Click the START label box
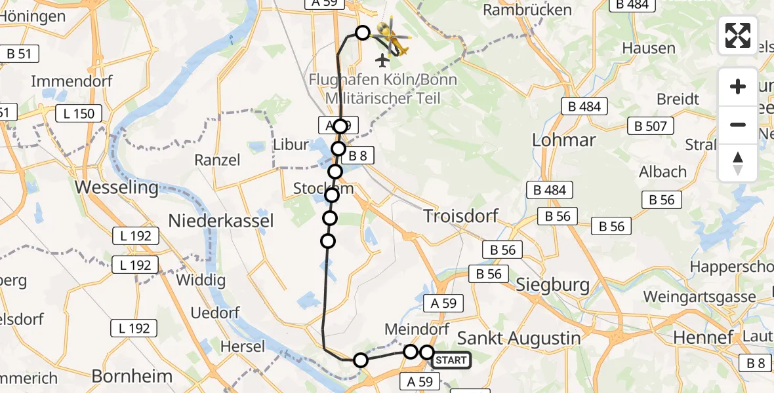[x=451, y=360]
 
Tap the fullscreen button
[x=738, y=35]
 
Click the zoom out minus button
[x=738, y=125]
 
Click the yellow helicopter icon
[x=392, y=38]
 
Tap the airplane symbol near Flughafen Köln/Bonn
[x=382, y=60]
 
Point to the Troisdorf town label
[x=460, y=215]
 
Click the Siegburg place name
[x=552, y=285]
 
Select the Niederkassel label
[x=220, y=221]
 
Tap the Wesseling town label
[x=117, y=188]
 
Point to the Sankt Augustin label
[x=519, y=338]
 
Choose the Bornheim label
[x=132, y=376]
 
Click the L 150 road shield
[x=79, y=113]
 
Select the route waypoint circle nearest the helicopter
[x=362, y=32]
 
